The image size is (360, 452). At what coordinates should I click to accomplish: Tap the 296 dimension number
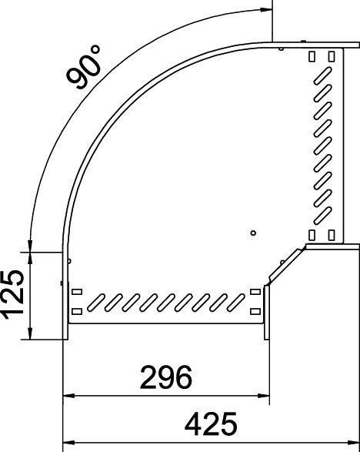coord(165,377)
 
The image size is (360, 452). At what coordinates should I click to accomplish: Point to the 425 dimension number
coord(211,424)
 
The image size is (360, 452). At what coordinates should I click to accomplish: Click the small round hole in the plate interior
coord(254,232)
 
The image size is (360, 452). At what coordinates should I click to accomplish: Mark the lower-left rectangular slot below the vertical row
coord(312,234)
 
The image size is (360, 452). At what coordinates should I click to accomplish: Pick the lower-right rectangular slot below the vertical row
coord(332,234)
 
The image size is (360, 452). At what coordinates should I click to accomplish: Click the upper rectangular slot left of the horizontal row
coord(76,292)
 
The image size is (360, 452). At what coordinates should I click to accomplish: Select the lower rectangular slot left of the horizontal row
coord(76,311)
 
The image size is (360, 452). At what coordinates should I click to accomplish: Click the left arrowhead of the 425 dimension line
coord(67,443)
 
